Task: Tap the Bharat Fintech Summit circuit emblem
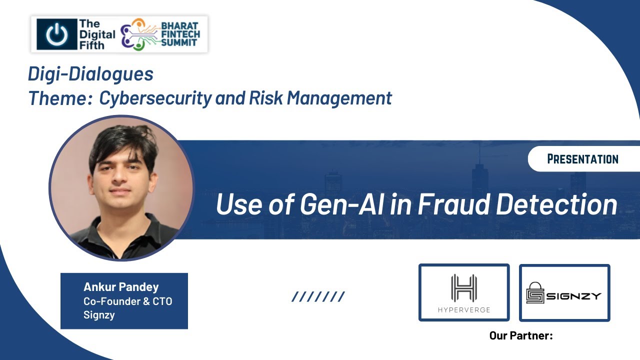tap(138, 34)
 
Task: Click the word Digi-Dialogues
tap(90, 74)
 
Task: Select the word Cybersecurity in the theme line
tap(155, 98)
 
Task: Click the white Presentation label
tap(582, 159)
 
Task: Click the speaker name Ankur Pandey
tap(121, 287)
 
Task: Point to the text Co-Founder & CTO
tap(127, 301)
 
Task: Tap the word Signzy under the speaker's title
tap(99, 315)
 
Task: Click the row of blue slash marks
tap(318, 297)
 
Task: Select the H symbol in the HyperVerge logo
tap(463, 288)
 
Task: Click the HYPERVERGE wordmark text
tap(463, 310)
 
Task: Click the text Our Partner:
tap(521, 335)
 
